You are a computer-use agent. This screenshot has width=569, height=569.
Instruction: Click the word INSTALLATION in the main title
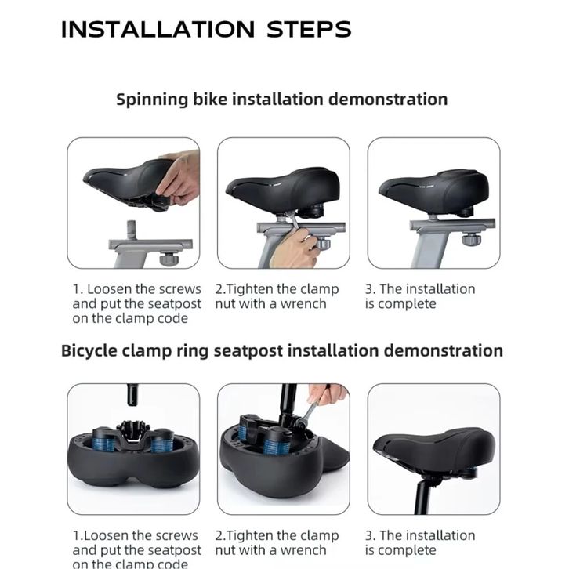pyautogui.click(x=158, y=29)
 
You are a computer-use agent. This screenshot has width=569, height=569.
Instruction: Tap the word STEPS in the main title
pyautogui.click(x=309, y=29)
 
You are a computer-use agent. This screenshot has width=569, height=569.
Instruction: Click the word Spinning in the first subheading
pyautogui.click(x=152, y=100)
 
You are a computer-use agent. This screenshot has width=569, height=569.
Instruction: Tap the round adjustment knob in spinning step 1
pyautogui.click(x=167, y=259)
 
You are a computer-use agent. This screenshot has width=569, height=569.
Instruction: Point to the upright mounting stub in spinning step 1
pyautogui.click(x=132, y=230)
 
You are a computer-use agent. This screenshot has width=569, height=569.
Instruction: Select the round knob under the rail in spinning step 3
pyautogui.click(x=471, y=239)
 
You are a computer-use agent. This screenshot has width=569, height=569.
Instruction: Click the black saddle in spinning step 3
pyautogui.click(x=434, y=191)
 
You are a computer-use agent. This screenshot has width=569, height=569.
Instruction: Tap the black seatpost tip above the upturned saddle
pyautogui.click(x=132, y=395)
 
